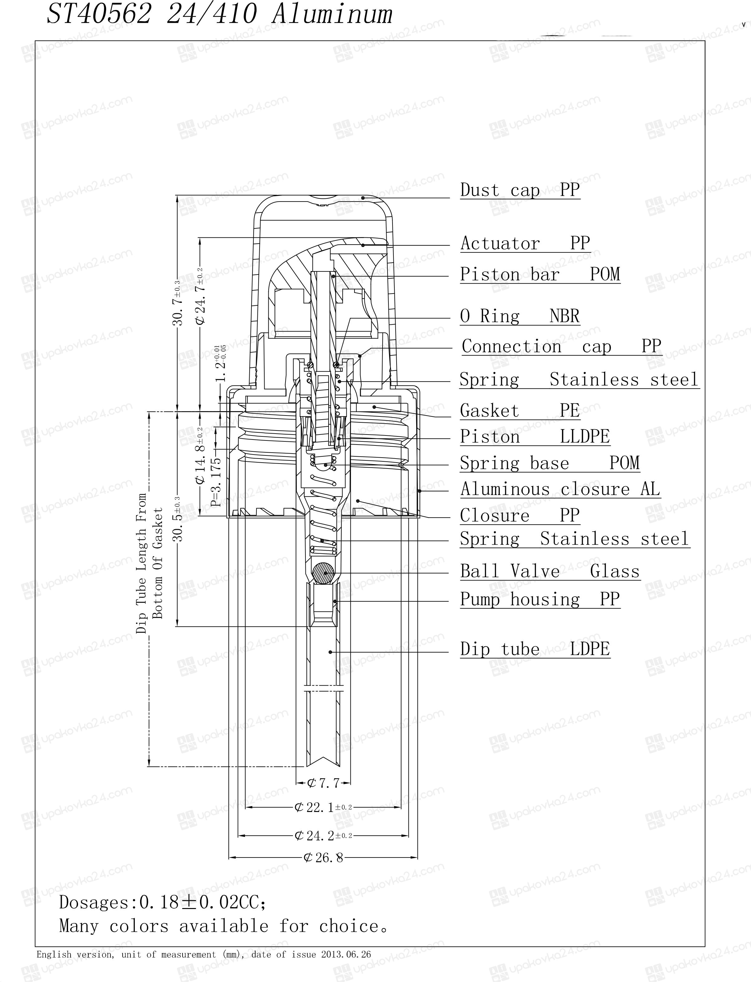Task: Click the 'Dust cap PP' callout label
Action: (520, 190)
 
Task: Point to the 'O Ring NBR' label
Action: (520, 316)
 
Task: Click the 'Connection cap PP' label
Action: (562, 346)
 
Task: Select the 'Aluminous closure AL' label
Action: (560, 489)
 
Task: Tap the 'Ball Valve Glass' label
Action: (550, 571)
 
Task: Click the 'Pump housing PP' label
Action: (540, 599)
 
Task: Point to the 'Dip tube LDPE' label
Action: (535, 649)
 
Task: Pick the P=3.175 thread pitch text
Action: (216, 482)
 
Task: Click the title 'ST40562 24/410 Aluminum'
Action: (219, 13)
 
